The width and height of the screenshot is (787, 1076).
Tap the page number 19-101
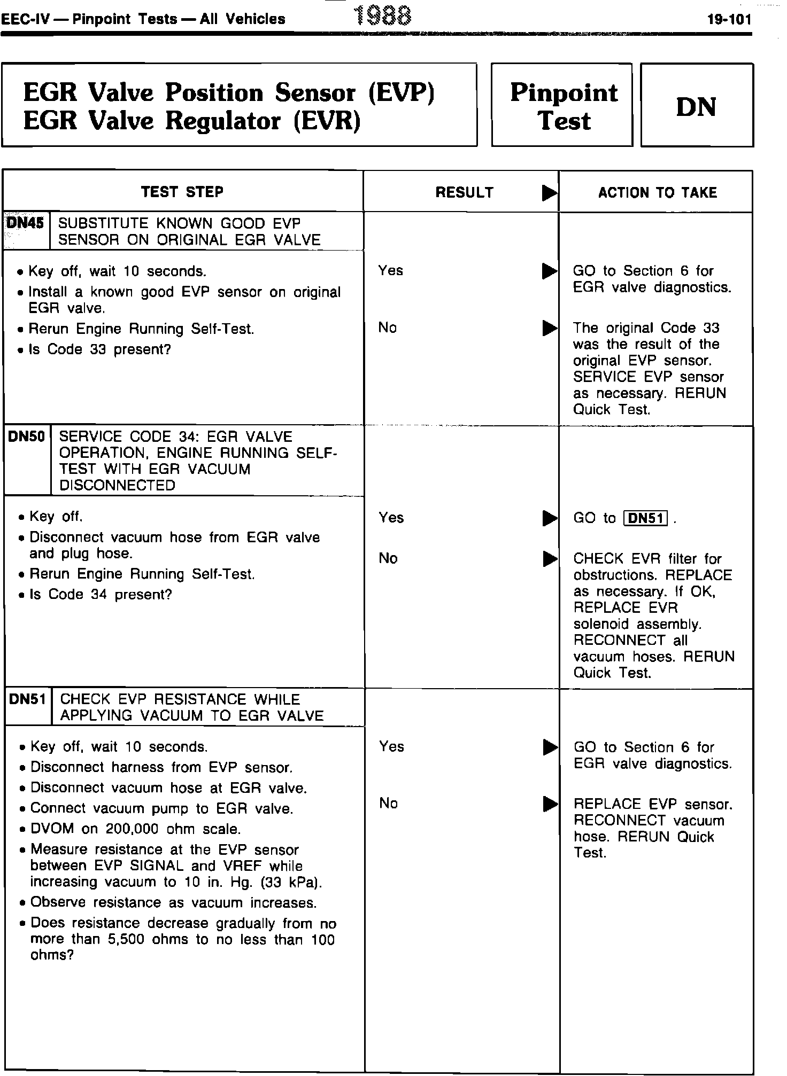click(729, 20)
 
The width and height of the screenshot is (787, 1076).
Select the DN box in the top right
click(696, 106)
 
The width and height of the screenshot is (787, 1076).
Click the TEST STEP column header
click(182, 192)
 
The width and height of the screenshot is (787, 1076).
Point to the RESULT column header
click(464, 192)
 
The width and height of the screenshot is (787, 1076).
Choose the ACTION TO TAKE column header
click(657, 192)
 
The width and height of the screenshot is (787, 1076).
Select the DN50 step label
click(27, 436)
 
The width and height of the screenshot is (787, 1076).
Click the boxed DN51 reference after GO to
click(646, 518)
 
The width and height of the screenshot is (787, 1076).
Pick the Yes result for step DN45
click(390, 271)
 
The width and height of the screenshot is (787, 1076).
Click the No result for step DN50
click(388, 558)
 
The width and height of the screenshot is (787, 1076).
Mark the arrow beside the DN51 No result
click(550, 804)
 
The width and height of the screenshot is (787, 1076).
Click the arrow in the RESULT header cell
click(549, 193)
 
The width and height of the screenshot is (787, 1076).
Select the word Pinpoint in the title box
click(564, 93)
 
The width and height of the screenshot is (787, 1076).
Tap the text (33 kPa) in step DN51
click(293, 882)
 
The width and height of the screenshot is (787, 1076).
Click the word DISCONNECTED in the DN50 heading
click(117, 486)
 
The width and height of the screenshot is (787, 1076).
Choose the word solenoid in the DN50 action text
click(603, 624)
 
